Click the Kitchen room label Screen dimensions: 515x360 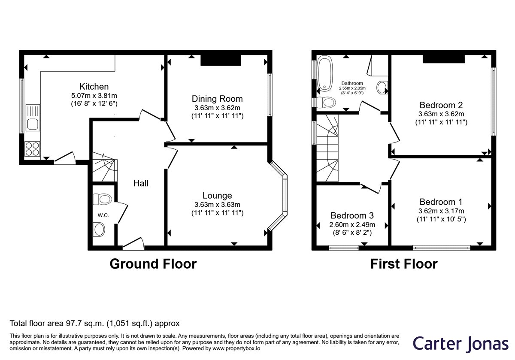(94, 87)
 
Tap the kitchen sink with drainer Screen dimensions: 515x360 (33, 118)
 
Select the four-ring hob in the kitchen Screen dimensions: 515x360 (32, 149)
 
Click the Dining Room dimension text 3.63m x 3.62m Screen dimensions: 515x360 (217, 108)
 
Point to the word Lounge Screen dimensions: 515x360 (217, 196)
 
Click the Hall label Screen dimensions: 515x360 (141, 184)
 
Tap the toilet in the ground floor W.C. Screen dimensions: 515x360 (102, 199)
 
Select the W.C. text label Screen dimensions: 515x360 (103, 215)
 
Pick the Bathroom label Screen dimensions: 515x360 (352, 83)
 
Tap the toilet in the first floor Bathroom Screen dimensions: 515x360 (326, 102)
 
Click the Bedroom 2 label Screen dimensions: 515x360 (441, 105)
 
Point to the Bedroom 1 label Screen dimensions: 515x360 (441, 202)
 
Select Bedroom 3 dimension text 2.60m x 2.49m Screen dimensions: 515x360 (352, 224)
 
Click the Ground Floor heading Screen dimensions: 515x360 (153, 264)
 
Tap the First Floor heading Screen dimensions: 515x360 (404, 264)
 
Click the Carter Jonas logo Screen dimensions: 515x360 (460, 344)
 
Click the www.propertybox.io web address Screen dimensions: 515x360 (236, 348)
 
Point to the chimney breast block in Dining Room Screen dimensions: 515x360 (221, 60)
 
